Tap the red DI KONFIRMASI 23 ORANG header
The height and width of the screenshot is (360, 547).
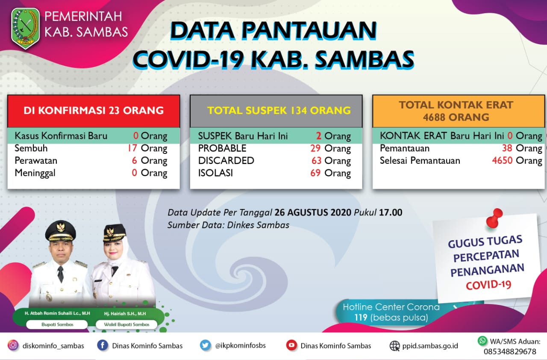click(94, 111)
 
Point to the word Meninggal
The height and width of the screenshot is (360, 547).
click(35, 173)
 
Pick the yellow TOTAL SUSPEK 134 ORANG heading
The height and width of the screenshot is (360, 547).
click(279, 111)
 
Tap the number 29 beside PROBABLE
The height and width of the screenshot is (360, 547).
click(316, 149)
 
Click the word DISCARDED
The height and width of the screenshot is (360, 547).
click(226, 161)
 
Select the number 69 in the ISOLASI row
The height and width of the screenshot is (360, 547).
click(316, 173)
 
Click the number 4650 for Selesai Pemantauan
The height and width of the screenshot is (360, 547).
click(502, 161)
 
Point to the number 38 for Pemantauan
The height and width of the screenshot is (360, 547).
click(507, 148)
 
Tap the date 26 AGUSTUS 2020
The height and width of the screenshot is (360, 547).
click(313, 212)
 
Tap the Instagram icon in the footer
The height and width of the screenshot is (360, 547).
click(13, 345)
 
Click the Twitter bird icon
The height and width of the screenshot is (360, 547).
click(206, 345)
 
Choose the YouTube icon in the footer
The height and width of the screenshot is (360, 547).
click(291, 345)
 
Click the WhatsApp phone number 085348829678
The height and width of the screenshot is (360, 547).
click(510, 351)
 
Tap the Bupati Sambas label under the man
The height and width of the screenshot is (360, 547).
click(57, 325)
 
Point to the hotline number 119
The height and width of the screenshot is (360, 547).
click(362, 318)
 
